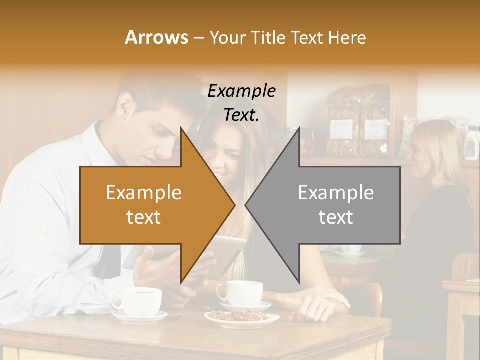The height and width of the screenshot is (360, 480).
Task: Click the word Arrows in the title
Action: tap(157, 37)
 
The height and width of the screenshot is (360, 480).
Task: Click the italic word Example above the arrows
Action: tap(241, 91)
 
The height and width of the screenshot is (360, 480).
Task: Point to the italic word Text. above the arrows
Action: tap(241, 115)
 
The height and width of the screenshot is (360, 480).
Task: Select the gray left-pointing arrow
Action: tap(330, 205)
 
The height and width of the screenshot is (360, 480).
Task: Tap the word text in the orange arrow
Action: tap(143, 217)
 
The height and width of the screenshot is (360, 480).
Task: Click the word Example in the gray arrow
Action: tap(336, 192)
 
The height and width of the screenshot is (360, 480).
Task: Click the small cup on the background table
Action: tap(352, 248)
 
